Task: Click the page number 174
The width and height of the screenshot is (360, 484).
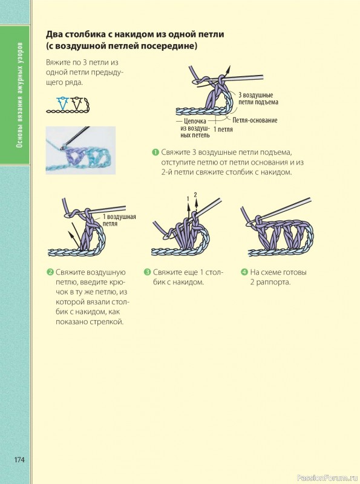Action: click(x=19, y=459)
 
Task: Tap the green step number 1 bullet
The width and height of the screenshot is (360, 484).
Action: click(x=155, y=152)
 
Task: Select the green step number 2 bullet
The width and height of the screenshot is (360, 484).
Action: click(x=50, y=272)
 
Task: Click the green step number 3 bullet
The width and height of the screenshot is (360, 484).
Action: click(x=147, y=272)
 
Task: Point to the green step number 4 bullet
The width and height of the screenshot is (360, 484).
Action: click(x=244, y=272)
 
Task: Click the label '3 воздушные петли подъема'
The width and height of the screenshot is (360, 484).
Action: click(x=258, y=99)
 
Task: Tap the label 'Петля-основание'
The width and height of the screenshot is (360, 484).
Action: click(x=255, y=120)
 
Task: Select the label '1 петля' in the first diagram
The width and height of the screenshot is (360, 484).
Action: click(x=223, y=129)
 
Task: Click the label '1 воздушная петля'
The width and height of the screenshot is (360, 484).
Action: click(x=119, y=220)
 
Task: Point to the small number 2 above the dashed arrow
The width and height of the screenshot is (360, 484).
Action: click(x=195, y=194)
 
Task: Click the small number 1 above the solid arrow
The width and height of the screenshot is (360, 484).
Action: click(x=188, y=199)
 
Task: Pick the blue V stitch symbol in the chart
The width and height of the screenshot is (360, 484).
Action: click(x=63, y=103)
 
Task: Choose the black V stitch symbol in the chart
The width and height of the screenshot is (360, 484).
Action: click(x=77, y=103)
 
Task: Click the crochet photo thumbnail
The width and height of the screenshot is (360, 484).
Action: click(x=80, y=150)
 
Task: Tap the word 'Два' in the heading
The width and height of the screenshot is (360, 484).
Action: click(x=53, y=34)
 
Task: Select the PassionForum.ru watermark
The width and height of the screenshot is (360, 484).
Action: click(x=327, y=478)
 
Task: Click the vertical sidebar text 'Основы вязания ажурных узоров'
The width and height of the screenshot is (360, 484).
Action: click(x=19, y=95)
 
